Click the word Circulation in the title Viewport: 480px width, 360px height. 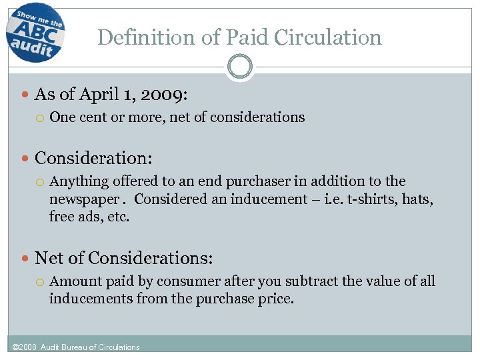point(331,37)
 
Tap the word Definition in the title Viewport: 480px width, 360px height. point(142,37)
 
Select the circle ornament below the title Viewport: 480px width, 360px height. point(239,67)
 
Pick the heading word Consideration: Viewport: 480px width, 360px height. point(93,159)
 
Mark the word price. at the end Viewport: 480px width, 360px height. point(275,299)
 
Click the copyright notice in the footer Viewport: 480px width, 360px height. point(77,347)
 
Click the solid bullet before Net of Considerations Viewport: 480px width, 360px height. point(25,259)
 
